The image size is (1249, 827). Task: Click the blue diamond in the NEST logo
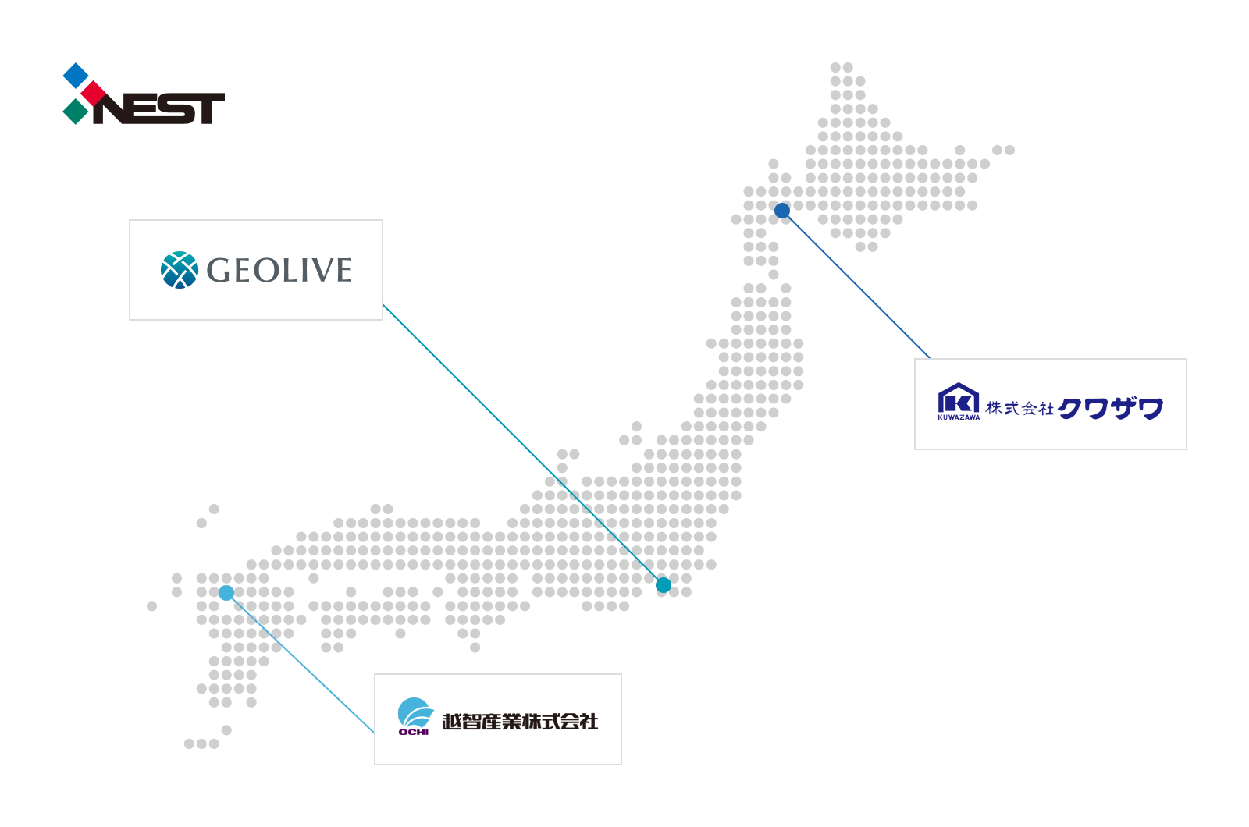pos(75,75)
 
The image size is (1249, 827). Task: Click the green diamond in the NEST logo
pos(75,112)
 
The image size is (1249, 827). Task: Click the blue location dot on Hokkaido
pos(782,211)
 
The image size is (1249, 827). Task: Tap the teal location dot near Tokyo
pos(664,585)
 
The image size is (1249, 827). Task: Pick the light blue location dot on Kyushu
pos(226,593)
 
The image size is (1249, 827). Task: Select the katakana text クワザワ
pos(1111,408)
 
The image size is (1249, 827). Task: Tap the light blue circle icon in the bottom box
pos(413,716)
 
